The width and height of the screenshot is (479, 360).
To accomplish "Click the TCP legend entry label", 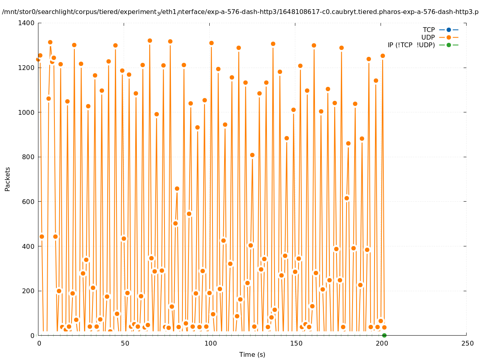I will [x=429, y=30].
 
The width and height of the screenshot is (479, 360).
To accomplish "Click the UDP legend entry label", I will [x=428, y=37].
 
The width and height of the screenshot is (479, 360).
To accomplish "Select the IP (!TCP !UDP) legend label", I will [x=411, y=45].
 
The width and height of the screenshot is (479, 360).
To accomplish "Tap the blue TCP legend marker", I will [x=449, y=30].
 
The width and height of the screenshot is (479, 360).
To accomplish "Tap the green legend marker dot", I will [x=449, y=45].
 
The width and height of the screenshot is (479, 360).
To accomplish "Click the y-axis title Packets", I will [x=8, y=179].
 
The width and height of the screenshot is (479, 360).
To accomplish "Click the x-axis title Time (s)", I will [x=252, y=354].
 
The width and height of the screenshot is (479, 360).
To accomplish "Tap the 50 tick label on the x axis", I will [x=124, y=343].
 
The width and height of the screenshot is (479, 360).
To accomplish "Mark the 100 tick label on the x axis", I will [x=210, y=343].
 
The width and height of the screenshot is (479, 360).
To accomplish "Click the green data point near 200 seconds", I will [x=384, y=335].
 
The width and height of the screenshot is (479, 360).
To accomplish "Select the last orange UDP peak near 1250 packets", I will [x=383, y=56].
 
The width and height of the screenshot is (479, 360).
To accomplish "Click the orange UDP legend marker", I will [x=449, y=37].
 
